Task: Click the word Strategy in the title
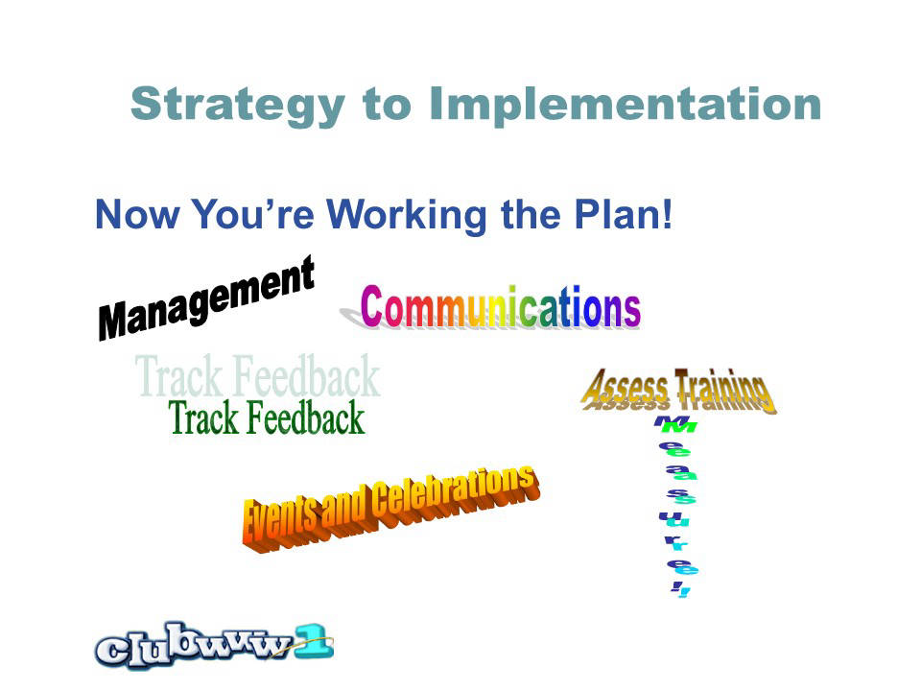click(237, 106)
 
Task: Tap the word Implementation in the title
click(625, 104)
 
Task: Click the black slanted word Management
click(206, 298)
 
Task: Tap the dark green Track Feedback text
click(267, 417)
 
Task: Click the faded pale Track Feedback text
click(257, 375)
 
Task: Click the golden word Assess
click(625, 389)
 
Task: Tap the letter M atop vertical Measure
click(675, 423)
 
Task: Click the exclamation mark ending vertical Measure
click(681, 589)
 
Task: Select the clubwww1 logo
click(214, 646)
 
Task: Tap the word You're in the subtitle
click(252, 214)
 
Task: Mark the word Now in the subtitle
click(137, 214)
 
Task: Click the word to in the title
click(387, 106)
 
